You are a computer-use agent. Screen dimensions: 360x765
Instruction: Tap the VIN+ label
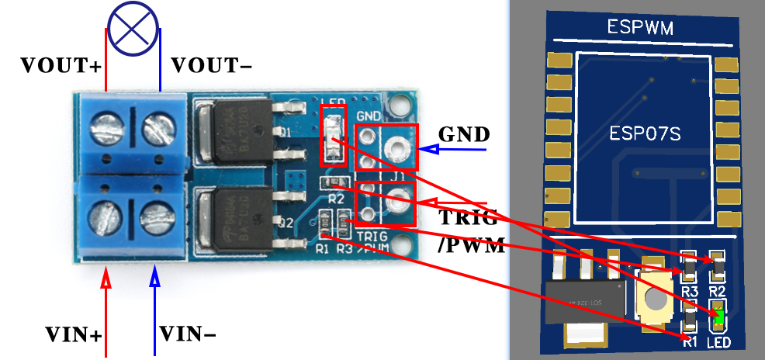74,336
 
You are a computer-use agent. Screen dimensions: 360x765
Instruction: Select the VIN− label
188,334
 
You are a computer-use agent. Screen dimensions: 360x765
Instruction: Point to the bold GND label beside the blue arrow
462,133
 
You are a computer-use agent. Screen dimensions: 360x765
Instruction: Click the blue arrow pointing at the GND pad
453,149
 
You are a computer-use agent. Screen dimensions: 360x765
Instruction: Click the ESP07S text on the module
645,133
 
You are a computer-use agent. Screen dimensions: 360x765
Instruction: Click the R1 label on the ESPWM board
688,339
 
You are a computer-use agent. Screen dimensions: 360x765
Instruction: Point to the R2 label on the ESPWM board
718,291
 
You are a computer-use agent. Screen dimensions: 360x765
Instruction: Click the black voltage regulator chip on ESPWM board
586,299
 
